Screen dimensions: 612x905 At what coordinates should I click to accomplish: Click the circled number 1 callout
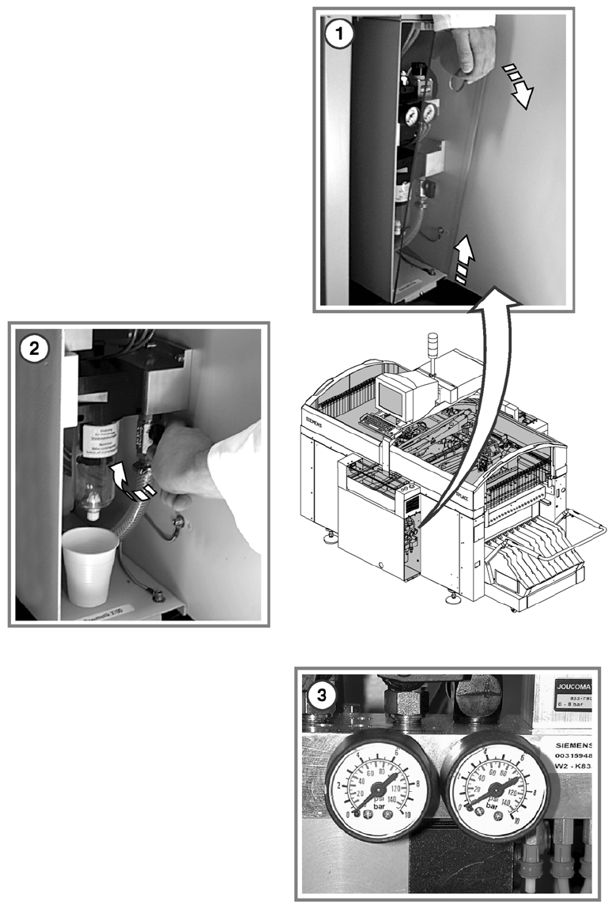coord(340,36)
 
